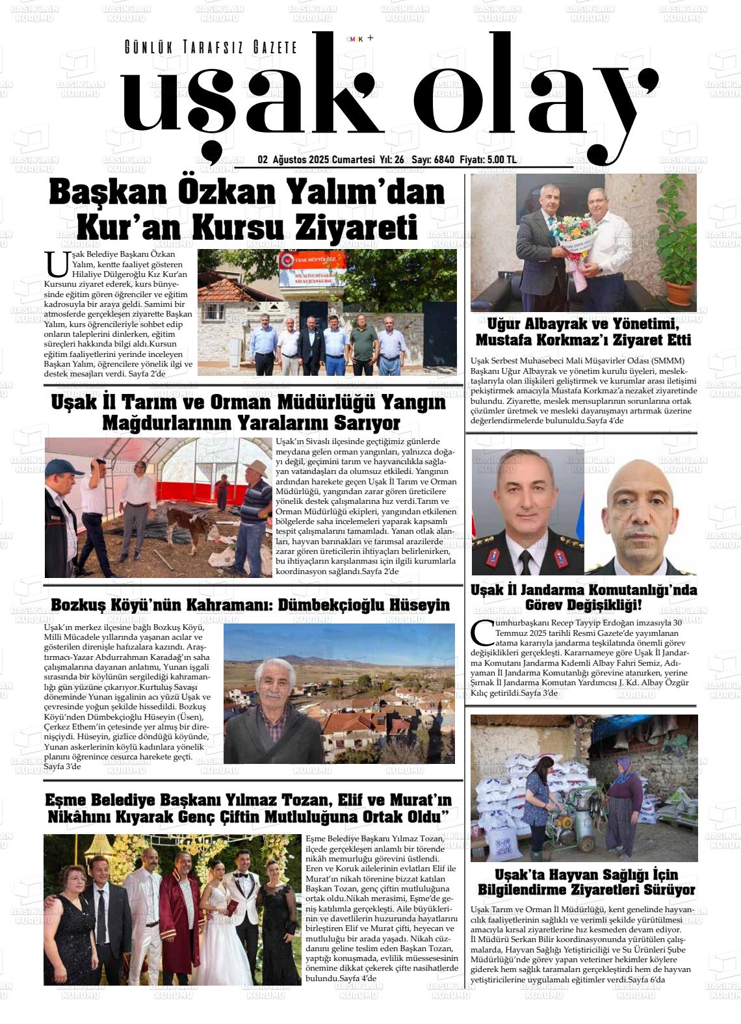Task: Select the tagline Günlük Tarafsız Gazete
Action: click(211, 47)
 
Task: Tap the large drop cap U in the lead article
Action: click(56, 263)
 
